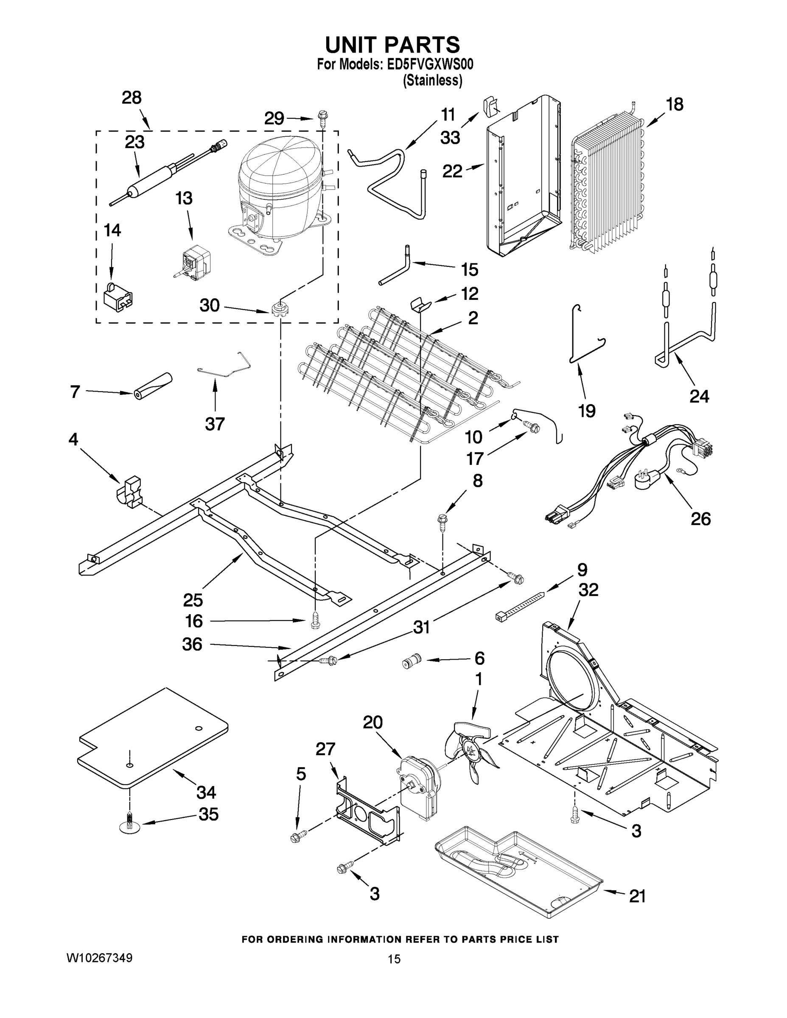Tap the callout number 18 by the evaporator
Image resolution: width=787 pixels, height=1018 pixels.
pyautogui.click(x=675, y=104)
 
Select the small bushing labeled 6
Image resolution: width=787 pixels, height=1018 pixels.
pyautogui.click(x=411, y=661)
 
